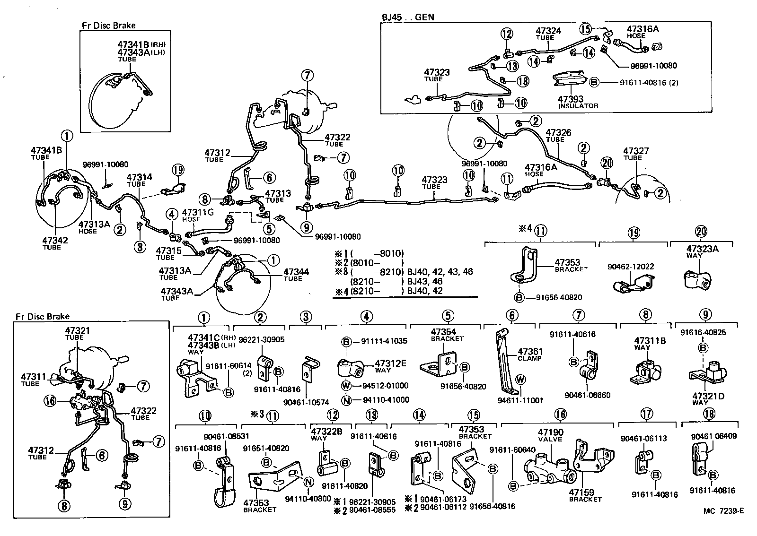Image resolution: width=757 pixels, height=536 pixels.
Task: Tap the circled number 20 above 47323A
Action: pyautogui.click(x=701, y=232)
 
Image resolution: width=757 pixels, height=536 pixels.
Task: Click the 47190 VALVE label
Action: pyautogui.click(x=550, y=435)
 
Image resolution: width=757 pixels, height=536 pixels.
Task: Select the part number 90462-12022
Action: pyautogui.click(x=631, y=267)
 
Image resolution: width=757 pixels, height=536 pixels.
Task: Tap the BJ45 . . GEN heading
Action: pyautogui.click(x=408, y=17)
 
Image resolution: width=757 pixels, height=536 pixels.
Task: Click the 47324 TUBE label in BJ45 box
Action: pyautogui.click(x=548, y=34)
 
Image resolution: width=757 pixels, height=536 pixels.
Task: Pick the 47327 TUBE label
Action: pyautogui.click(x=635, y=154)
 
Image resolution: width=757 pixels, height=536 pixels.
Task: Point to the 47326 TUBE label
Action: pyautogui.click(x=558, y=136)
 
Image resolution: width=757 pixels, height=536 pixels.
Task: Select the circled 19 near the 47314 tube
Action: pyautogui.click(x=177, y=171)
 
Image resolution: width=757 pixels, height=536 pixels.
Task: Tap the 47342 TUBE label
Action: pyautogui.click(x=55, y=243)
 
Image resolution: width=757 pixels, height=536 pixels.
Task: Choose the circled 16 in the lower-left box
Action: pyautogui.click(x=50, y=401)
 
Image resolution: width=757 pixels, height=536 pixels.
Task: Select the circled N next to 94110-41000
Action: pyautogui.click(x=346, y=400)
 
